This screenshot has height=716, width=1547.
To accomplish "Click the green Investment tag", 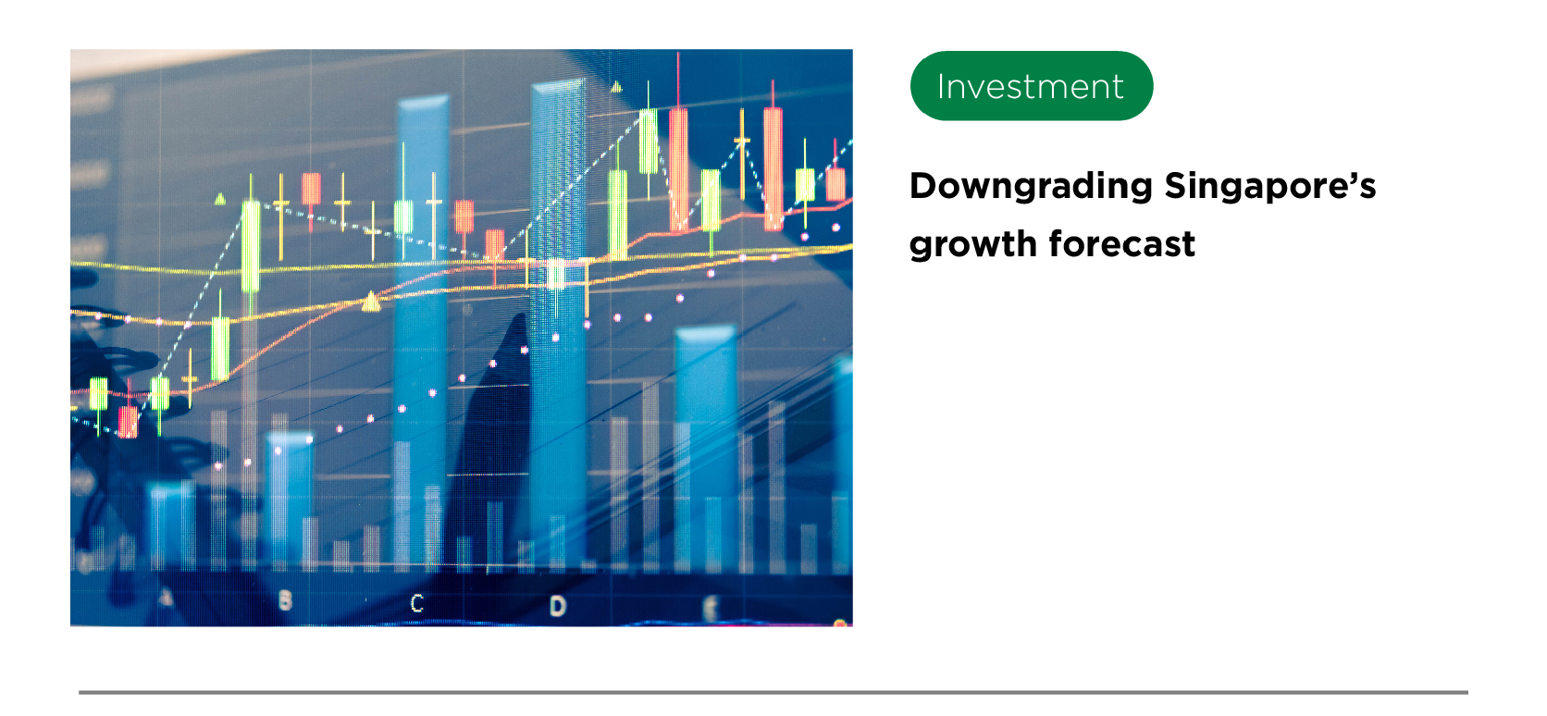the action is pyautogui.click(x=1031, y=86).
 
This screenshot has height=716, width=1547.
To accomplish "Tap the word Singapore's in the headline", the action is pyautogui.click(x=1270, y=187).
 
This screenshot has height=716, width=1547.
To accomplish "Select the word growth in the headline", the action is pyautogui.click(x=973, y=245).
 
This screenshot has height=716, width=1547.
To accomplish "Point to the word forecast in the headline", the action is pyautogui.click(x=1122, y=243).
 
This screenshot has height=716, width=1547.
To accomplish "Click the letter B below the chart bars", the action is pyautogui.click(x=285, y=600).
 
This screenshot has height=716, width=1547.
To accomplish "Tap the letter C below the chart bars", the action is pyautogui.click(x=416, y=603).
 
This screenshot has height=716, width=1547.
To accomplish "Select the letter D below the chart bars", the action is pyautogui.click(x=557, y=606).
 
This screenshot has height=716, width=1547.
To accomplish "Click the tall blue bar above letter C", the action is pyautogui.click(x=422, y=331).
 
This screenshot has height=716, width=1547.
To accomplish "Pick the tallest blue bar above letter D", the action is pyautogui.click(x=558, y=325).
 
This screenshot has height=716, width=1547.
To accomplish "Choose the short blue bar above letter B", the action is pyautogui.click(x=290, y=500).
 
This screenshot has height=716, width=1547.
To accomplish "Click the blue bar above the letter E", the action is pyautogui.click(x=704, y=449).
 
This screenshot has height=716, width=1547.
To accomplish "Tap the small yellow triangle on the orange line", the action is pyautogui.click(x=372, y=302).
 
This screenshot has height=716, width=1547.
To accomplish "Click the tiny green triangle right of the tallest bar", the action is pyautogui.click(x=616, y=87).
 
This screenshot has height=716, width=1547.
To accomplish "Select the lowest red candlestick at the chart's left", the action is pyautogui.click(x=128, y=421).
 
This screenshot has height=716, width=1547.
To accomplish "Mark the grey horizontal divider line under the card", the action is pyautogui.click(x=773, y=692).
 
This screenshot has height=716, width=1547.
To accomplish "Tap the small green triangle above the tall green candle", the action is pyautogui.click(x=219, y=200).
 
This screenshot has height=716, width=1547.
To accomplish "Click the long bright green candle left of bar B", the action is pyautogui.click(x=251, y=245).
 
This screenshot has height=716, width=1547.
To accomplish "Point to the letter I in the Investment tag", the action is pyautogui.click(x=941, y=86).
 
